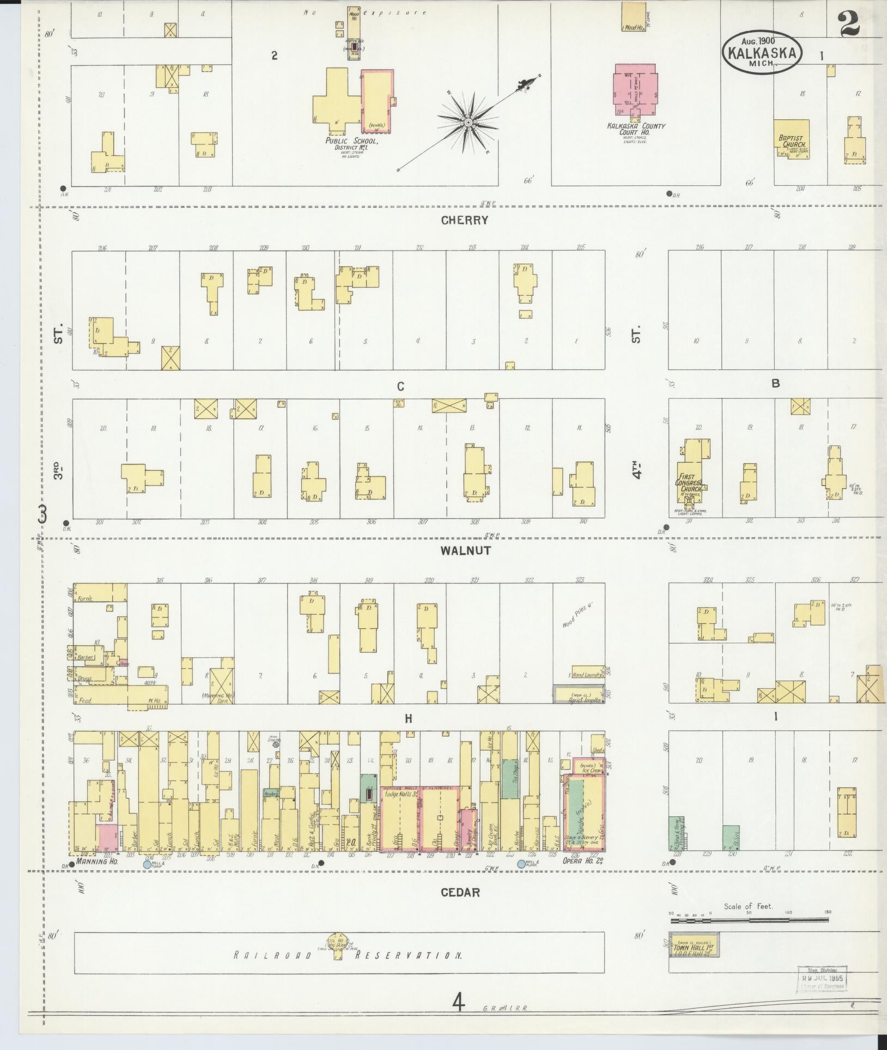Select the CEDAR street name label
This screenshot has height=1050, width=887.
[x=460, y=892]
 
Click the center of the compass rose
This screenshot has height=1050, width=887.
[x=467, y=124]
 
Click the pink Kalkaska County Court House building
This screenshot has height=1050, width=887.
[x=635, y=90]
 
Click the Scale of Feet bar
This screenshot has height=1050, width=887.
[x=749, y=920]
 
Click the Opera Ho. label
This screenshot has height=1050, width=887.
[x=578, y=861]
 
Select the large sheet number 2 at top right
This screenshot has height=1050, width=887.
[x=848, y=25]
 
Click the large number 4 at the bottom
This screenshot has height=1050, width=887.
[x=459, y=1002]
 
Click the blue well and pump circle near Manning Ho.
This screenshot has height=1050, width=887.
[x=147, y=864]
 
